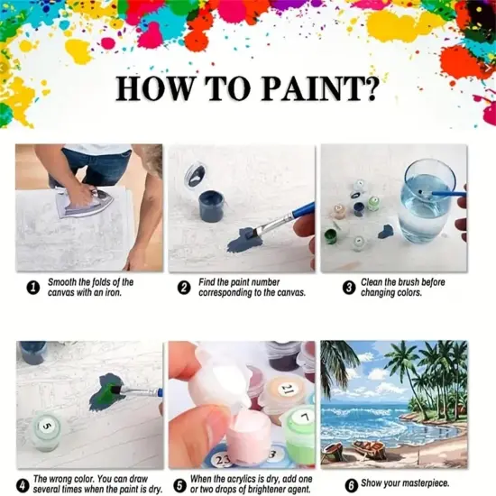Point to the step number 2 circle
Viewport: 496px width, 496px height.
point(184,288)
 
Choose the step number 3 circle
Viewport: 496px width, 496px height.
point(348,288)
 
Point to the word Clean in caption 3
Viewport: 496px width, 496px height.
point(373,282)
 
